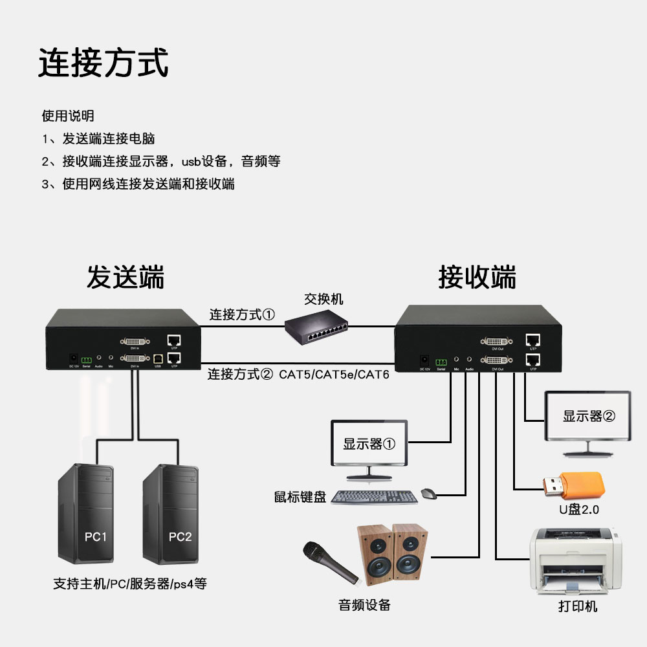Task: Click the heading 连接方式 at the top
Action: pyautogui.click(x=103, y=63)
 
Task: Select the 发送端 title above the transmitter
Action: pyautogui.click(x=126, y=277)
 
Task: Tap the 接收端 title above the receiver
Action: pyautogui.click(x=477, y=277)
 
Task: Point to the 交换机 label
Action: pyautogui.click(x=323, y=299)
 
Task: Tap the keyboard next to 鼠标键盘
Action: pyautogui.click(x=374, y=498)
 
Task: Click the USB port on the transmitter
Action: pyautogui.click(x=157, y=356)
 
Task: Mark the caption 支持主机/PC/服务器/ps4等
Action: pyautogui.click(x=129, y=584)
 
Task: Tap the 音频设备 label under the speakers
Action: pyautogui.click(x=364, y=605)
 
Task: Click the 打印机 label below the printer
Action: pyautogui.click(x=578, y=607)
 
